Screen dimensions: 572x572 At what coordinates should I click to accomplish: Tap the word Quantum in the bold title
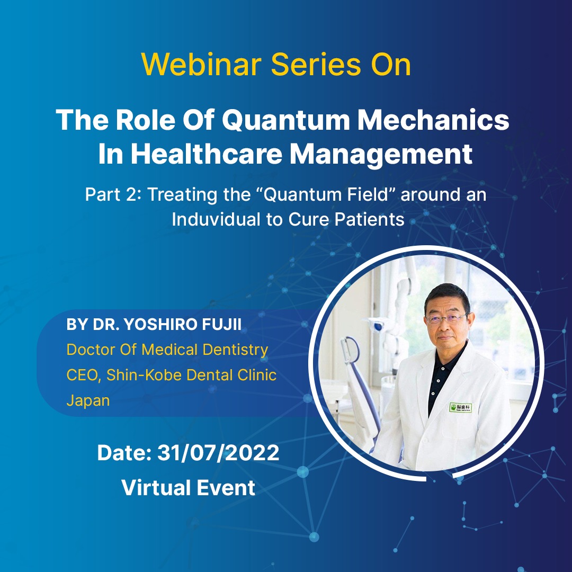[x=285, y=120]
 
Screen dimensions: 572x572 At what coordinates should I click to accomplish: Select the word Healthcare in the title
[x=207, y=154]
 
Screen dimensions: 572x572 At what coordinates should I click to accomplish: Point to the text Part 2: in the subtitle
[x=113, y=194]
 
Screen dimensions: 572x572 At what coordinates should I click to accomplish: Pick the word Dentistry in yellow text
[x=235, y=350]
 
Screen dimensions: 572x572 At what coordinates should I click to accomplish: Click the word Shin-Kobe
[x=144, y=375]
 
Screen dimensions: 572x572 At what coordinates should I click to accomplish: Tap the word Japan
[x=88, y=400]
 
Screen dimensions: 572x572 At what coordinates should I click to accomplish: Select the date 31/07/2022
[x=218, y=453]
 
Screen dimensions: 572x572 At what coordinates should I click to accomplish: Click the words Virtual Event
[x=188, y=488]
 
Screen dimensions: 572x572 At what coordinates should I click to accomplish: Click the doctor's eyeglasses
[x=446, y=319]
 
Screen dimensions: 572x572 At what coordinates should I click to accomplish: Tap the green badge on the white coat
[x=460, y=407]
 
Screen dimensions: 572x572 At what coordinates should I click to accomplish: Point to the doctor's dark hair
[x=446, y=296]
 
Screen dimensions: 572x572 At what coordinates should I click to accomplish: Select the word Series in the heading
[x=316, y=64]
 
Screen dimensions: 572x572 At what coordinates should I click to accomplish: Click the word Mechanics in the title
[x=433, y=120]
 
